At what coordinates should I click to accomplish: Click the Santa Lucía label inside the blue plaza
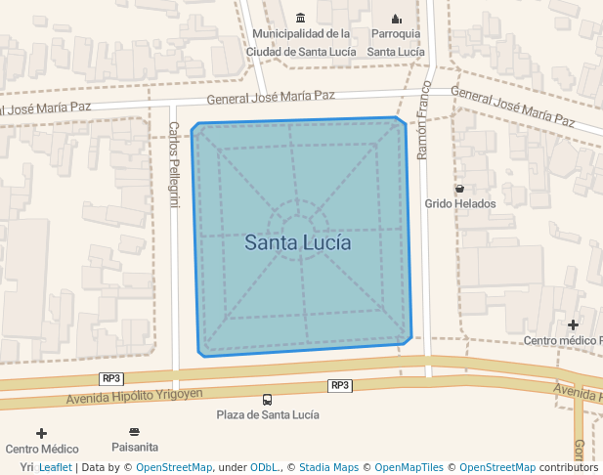point(297,242)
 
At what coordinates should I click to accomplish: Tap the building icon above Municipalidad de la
point(300,18)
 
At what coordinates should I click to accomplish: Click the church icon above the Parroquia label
point(396,18)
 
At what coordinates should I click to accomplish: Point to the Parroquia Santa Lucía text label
point(396,42)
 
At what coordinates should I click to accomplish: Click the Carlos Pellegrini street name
point(174,164)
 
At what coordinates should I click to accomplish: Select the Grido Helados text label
point(459,204)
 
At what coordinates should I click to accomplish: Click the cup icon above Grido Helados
point(459,188)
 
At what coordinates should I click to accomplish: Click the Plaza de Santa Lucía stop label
point(267,414)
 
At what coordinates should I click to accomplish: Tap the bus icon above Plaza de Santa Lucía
point(267,399)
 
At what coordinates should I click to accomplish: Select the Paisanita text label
point(135,447)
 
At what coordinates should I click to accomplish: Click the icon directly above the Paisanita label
point(135,431)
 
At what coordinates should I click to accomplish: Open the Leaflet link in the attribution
point(55,467)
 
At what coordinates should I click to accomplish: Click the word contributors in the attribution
point(568,467)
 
